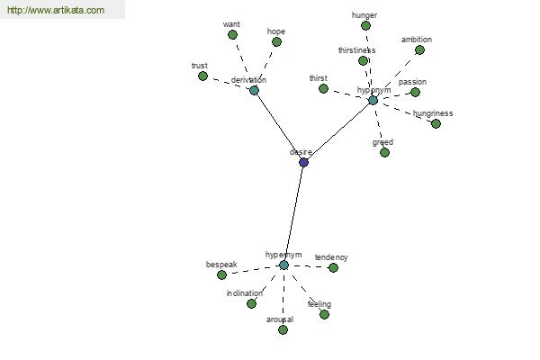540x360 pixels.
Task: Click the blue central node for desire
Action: pos(303,163)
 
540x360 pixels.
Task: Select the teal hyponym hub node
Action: pos(373,101)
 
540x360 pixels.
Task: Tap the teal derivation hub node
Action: pos(254,91)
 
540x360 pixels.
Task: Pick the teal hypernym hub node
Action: pos(283,265)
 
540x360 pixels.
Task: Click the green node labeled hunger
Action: pos(365,25)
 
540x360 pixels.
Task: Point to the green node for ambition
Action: pos(419,50)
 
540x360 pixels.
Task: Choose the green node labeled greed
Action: pos(384,153)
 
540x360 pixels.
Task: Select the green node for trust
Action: pos(202,76)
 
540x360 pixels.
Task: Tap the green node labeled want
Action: pos(232,35)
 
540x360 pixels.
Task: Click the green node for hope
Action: pos(276,42)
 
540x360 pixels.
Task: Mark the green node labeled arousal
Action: pos(283,330)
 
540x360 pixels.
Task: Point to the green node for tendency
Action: pos(333,267)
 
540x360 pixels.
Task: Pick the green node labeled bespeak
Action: pos(221,274)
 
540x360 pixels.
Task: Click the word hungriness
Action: pos(433,113)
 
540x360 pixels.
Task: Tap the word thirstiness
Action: pos(356,50)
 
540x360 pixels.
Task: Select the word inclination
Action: pos(245,293)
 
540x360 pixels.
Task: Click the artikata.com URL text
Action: pos(56,10)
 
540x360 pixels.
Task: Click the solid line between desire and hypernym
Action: pos(293,214)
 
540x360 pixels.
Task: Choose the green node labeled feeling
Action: pos(324,314)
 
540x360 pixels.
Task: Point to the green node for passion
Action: pos(415,93)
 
